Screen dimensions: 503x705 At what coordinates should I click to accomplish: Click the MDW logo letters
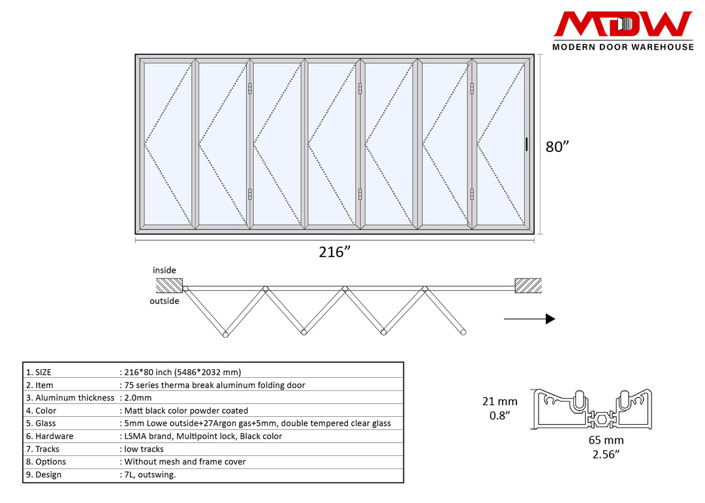pos(623,25)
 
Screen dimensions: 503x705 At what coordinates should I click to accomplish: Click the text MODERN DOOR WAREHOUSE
pos(623,46)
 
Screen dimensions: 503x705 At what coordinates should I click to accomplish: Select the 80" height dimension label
pos(558,147)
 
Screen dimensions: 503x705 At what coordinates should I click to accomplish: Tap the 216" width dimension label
pos(332,252)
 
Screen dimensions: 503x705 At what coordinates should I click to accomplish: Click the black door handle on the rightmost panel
pos(527,145)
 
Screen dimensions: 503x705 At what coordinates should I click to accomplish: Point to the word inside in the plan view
pos(164,270)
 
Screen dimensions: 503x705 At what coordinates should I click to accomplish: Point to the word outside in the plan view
pos(164,301)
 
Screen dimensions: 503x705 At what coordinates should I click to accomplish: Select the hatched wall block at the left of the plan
pos(169,286)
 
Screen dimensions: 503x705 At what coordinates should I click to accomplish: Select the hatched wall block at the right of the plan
pos(528,286)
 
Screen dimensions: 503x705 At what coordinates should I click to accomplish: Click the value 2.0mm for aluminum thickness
pos(138,397)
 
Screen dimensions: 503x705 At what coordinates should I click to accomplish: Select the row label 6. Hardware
pos(50,436)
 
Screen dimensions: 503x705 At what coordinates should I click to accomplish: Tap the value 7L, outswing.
pos(149,474)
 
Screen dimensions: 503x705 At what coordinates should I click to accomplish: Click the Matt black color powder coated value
pos(186,410)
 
